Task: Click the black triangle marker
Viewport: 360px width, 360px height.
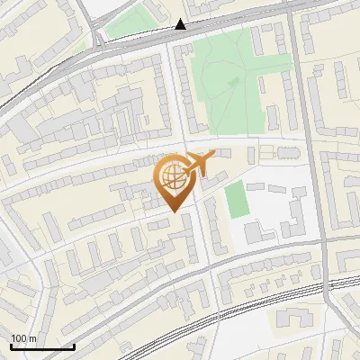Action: (x=181, y=24)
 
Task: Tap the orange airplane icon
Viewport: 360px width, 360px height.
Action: (x=200, y=163)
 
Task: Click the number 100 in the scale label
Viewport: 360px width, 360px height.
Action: (x=18, y=338)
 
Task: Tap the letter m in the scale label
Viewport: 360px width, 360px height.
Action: (x=32, y=338)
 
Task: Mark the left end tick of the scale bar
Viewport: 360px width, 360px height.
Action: (x=10, y=346)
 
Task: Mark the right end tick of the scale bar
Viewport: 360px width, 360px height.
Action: (x=74, y=346)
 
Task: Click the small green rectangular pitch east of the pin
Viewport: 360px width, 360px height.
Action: (x=235, y=199)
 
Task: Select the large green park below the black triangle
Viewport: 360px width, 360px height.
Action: (x=225, y=85)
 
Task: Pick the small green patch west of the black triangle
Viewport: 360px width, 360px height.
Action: (x=126, y=24)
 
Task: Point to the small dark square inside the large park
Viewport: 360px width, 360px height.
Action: (x=234, y=82)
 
